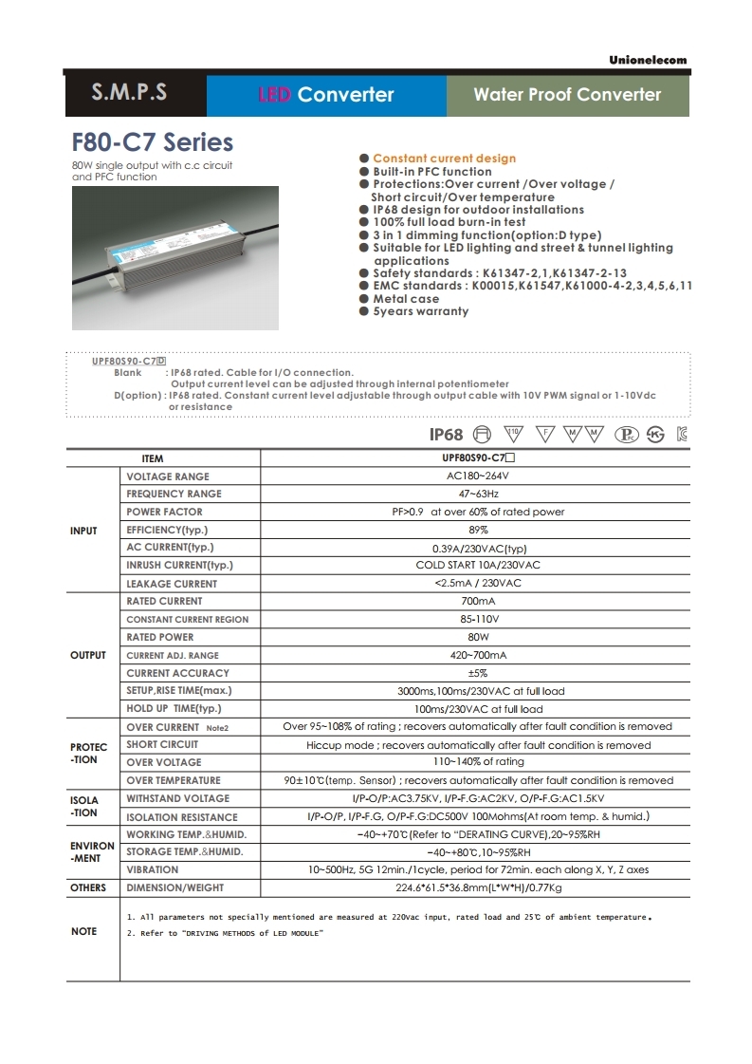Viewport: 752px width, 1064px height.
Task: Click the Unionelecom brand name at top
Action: click(x=648, y=60)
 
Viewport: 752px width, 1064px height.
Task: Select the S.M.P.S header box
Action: click(x=130, y=94)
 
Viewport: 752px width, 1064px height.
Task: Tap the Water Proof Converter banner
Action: click(x=567, y=94)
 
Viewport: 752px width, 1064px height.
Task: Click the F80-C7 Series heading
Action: click(x=153, y=142)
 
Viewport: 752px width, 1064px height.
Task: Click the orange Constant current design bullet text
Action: click(x=444, y=159)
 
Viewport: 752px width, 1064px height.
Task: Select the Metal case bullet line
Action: click(x=405, y=298)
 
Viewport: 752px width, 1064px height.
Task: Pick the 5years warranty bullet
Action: click(x=420, y=311)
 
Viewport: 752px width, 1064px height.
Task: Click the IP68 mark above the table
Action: click(x=446, y=435)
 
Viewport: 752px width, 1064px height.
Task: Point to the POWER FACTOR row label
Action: click(x=164, y=512)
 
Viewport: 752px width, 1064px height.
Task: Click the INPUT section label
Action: click(x=83, y=531)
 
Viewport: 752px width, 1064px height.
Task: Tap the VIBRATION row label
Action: click(x=152, y=869)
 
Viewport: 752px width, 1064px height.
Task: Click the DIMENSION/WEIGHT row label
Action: click(x=174, y=887)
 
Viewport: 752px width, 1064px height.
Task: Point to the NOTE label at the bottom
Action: click(x=83, y=932)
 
